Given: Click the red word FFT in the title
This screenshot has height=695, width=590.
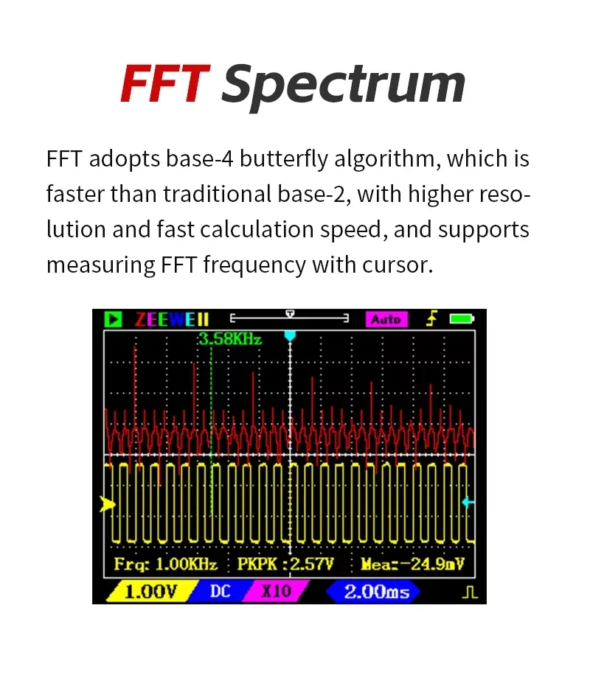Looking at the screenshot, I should (165, 83).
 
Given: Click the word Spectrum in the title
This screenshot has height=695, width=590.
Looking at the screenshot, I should (344, 85).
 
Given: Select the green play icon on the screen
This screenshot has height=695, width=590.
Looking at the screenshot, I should (113, 319).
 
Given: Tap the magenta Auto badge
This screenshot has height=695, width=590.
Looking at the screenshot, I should (386, 319).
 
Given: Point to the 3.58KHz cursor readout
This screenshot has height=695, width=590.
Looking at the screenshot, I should (229, 339).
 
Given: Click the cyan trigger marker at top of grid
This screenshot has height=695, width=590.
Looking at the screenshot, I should (291, 336).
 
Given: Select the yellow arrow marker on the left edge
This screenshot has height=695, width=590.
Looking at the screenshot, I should (108, 504).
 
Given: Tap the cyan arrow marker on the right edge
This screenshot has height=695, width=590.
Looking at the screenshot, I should (468, 503).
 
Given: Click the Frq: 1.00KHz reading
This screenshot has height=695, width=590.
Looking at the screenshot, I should (166, 565).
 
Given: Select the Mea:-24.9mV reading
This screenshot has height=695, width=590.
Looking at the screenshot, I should (413, 565).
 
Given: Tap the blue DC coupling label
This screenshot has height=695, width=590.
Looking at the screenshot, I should (220, 592).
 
